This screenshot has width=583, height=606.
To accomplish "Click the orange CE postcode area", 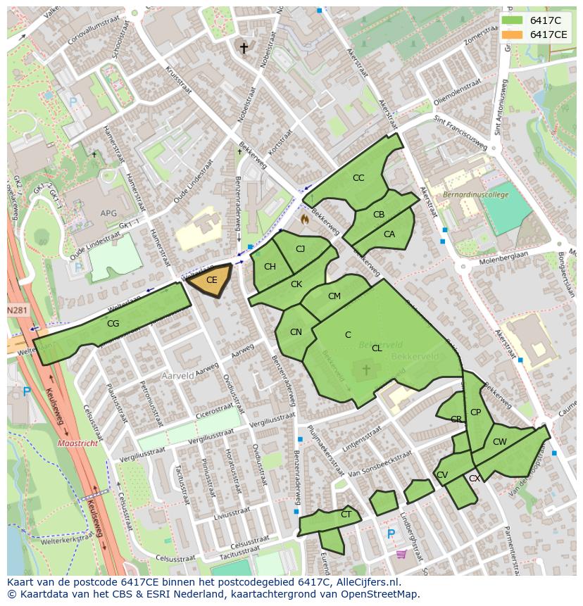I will [210, 280].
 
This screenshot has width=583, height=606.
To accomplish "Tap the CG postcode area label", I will [113, 324].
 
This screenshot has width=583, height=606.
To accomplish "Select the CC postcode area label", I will [358, 178].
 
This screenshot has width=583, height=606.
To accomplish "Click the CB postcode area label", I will [379, 215].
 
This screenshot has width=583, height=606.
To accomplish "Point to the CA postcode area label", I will [389, 234].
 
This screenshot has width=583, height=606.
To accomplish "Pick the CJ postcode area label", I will [300, 249].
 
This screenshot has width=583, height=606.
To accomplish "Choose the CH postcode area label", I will [270, 267].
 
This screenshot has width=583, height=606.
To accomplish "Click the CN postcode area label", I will [296, 332].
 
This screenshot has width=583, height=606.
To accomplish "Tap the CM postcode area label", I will [334, 296].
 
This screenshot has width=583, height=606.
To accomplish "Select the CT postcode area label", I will [346, 515].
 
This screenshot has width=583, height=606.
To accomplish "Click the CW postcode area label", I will [499, 442].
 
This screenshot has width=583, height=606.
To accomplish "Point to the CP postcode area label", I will [475, 412].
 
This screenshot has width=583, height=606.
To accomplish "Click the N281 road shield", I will [18, 310].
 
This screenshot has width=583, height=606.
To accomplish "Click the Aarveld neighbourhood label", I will [177, 376].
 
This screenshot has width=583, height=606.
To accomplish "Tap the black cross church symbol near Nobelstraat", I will [244, 48].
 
